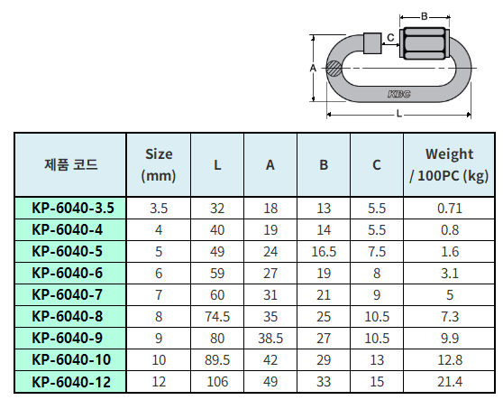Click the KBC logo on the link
(x=398, y=94)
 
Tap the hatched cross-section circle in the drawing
(x=334, y=68)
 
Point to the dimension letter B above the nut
(x=424, y=16)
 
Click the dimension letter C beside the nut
(x=390, y=38)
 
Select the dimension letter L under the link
(x=398, y=114)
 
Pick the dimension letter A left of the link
(x=313, y=68)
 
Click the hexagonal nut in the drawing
(x=425, y=43)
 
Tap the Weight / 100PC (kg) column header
(x=449, y=165)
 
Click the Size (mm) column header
(x=159, y=165)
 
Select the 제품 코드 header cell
(x=70, y=165)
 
